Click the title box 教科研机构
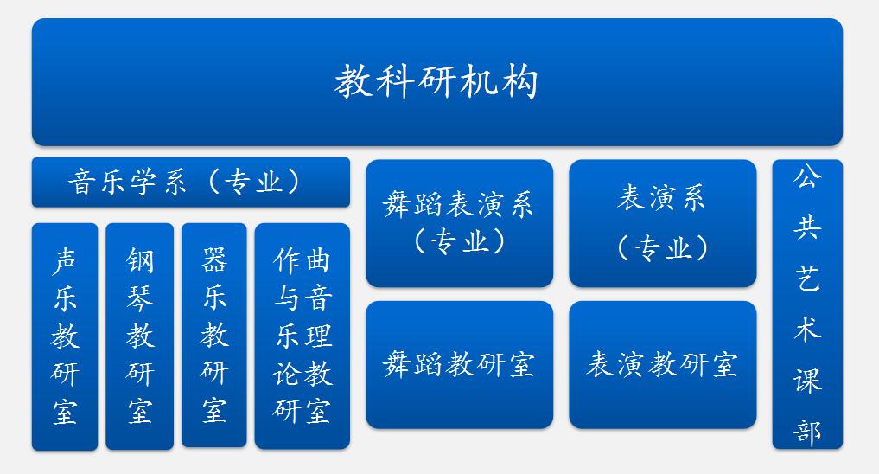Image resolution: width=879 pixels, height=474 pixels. point(437,82)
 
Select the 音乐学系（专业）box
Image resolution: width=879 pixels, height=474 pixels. point(191,183)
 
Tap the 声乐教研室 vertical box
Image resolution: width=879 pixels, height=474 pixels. point(65,336)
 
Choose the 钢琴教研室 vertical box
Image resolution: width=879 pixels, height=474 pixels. point(140,336)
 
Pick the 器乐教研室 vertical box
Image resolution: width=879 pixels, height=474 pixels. point(214,336)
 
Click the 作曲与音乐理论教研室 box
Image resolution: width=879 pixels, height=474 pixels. point(303,336)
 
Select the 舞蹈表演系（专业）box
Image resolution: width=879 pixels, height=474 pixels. point(459,223)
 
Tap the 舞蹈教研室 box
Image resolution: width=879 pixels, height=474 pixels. point(459,365)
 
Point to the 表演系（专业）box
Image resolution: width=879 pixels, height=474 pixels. point(663,223)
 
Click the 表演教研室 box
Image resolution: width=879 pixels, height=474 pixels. point(663,365)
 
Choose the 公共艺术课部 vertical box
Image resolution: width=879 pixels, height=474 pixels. point(807,304)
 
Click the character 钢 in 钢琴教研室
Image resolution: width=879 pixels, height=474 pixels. point(140,260)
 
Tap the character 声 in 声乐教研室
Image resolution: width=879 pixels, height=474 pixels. point(65,261)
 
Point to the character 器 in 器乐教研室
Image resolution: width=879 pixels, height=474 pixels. point(214,260)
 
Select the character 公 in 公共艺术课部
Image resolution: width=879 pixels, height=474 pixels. point(807,176)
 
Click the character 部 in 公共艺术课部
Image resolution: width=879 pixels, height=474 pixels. point(807,432)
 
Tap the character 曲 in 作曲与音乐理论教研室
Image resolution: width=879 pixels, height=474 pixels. point(317,261)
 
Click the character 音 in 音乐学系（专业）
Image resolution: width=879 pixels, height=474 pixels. point(82,183)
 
